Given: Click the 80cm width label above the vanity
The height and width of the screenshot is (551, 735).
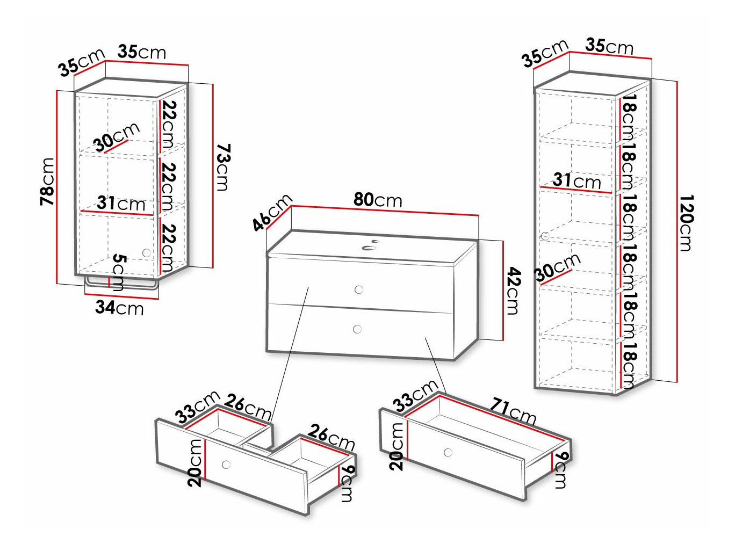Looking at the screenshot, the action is point(378,200).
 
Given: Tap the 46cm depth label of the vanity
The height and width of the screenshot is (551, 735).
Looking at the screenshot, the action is point(272,212).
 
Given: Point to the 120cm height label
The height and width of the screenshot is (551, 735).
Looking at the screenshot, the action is point(686,223).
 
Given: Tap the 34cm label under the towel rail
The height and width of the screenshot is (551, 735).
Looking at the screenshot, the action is point(119,307).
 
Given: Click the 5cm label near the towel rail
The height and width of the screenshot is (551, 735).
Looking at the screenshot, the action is point(118,272).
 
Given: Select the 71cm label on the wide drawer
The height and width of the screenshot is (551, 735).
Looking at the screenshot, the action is point(513,412).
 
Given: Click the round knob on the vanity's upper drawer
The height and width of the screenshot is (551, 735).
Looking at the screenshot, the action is point(359,289).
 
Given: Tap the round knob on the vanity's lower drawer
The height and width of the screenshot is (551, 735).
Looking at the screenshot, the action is point(357,329).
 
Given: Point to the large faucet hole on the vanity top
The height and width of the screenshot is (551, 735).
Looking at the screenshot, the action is point(369,248).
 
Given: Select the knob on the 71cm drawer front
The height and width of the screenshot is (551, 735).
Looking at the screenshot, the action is point(448,453).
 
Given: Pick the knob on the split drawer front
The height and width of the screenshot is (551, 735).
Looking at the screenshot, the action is point(226,465).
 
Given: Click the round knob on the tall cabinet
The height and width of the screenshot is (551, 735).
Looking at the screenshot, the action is point(545,236).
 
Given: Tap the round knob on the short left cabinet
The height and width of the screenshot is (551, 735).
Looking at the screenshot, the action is point(147,252).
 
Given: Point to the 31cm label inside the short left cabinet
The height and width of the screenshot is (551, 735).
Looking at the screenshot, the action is point(121,203).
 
